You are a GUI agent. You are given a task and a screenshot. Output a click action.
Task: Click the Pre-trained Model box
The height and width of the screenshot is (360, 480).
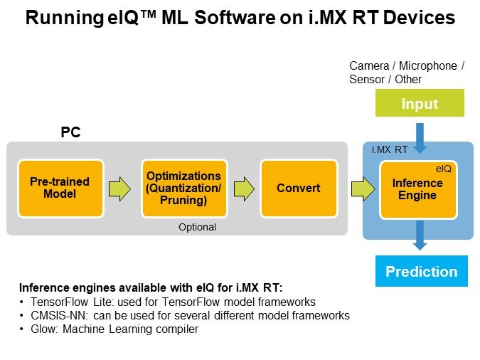[x=60, y=189]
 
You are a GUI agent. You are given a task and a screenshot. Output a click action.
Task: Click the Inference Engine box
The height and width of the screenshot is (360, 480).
[x=417, y=189]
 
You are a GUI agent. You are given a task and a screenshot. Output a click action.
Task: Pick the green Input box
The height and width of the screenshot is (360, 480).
[x=420, y=104]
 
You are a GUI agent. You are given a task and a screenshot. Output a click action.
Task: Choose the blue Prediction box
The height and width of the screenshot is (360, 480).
[x=421, y=272]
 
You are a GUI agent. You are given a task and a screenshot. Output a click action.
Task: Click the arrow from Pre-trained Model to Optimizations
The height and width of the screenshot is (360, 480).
[x=120, y=189]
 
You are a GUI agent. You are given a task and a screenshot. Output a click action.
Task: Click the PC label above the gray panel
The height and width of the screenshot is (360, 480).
[x=70, y=133]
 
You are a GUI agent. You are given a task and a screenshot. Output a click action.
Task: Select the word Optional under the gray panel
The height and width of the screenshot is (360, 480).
[x=198, y=228]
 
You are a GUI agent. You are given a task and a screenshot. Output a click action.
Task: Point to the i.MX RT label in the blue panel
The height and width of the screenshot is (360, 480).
[x=390, y=150]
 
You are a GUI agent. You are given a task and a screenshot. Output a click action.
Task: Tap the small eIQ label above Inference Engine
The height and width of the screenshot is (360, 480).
[x=444, y=169]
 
